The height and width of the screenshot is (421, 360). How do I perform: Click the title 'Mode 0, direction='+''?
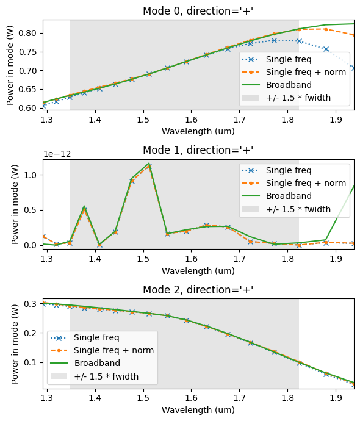pos(198,11)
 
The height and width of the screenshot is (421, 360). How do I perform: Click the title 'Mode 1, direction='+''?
pos(198,150)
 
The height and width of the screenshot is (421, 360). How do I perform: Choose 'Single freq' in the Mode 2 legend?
pos(96,337)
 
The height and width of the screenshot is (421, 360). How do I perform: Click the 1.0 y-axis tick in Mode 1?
pos(32,175)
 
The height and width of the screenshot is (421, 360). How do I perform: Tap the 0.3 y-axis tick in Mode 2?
pos(32,304)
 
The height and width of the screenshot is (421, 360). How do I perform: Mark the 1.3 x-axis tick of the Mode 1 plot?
pos(47,259)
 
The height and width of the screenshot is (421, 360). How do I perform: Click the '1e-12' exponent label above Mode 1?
pos(57,154)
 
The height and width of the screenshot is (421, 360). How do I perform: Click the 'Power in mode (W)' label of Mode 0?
pos(10,65)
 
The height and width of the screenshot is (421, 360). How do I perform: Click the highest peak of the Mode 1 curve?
pos(148,164)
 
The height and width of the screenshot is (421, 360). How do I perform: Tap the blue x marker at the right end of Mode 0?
pos(353,68)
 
